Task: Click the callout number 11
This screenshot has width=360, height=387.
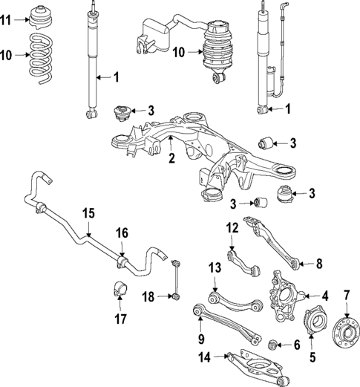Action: (x=7, y=20)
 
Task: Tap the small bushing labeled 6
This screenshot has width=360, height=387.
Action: (x=273, y=345)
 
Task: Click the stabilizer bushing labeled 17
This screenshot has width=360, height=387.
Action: (x=119, y=289)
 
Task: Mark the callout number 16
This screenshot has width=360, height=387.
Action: (x=122, y=232)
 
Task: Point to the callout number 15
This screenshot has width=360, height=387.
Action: (x=88, y=214)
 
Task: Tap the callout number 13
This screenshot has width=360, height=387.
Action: (x=215, y=268)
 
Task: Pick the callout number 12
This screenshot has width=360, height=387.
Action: (x=232, y=228)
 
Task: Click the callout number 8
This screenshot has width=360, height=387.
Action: (x=320, y=262)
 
